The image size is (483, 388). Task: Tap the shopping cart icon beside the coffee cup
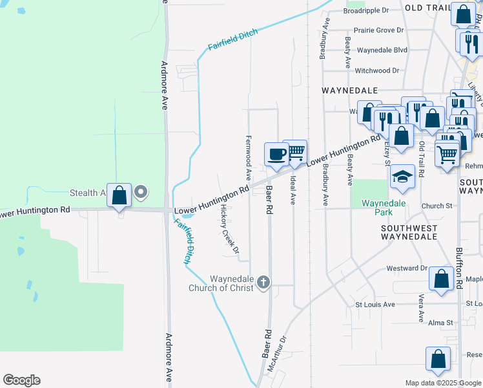295,151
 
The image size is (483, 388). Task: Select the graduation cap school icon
402,177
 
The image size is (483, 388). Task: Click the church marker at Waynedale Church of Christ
262,281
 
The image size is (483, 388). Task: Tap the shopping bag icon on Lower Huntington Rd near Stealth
119,195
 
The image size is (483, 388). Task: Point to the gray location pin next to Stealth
141,192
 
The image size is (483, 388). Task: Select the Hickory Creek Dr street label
229,229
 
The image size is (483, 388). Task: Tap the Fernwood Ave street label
248,158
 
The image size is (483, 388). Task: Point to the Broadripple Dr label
365,11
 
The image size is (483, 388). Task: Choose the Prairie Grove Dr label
379,30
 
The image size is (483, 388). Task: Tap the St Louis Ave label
375,304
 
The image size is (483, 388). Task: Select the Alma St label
441,322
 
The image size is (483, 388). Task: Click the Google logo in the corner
21,380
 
